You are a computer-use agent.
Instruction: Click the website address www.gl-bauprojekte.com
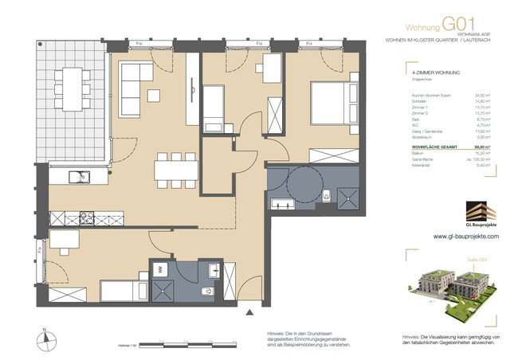click(x=465, y=237)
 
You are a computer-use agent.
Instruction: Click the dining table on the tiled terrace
click(x=72, y=82)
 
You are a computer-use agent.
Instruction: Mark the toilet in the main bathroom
click(x=328, y=193)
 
